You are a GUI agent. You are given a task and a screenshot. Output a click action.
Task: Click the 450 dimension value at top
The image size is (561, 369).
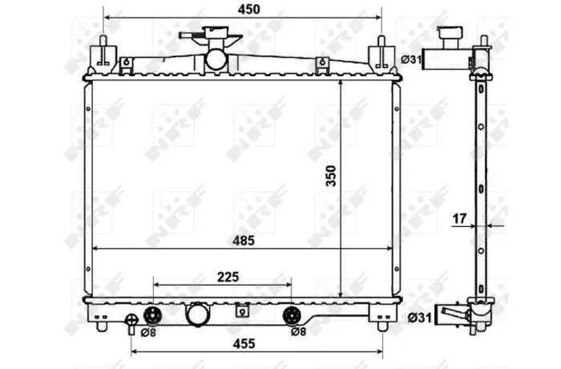point(248,10)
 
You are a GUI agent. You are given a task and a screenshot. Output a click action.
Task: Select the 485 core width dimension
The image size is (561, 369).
point(244,241)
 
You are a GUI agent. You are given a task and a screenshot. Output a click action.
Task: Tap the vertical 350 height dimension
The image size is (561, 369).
point(331,176)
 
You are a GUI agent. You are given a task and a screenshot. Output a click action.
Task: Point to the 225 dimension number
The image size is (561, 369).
point(228,277)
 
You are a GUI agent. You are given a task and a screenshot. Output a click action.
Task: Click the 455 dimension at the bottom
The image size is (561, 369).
point(244,344)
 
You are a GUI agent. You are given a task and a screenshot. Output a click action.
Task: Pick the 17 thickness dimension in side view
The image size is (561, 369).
point(459,218)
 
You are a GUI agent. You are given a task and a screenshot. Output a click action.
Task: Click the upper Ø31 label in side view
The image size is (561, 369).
point(411,59)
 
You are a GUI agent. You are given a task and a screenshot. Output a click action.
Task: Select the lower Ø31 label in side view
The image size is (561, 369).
point(420,317)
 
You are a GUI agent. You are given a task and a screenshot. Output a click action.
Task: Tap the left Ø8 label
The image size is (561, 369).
point(148,332)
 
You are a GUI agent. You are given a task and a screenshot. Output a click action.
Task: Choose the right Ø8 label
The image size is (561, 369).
point(298,332)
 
